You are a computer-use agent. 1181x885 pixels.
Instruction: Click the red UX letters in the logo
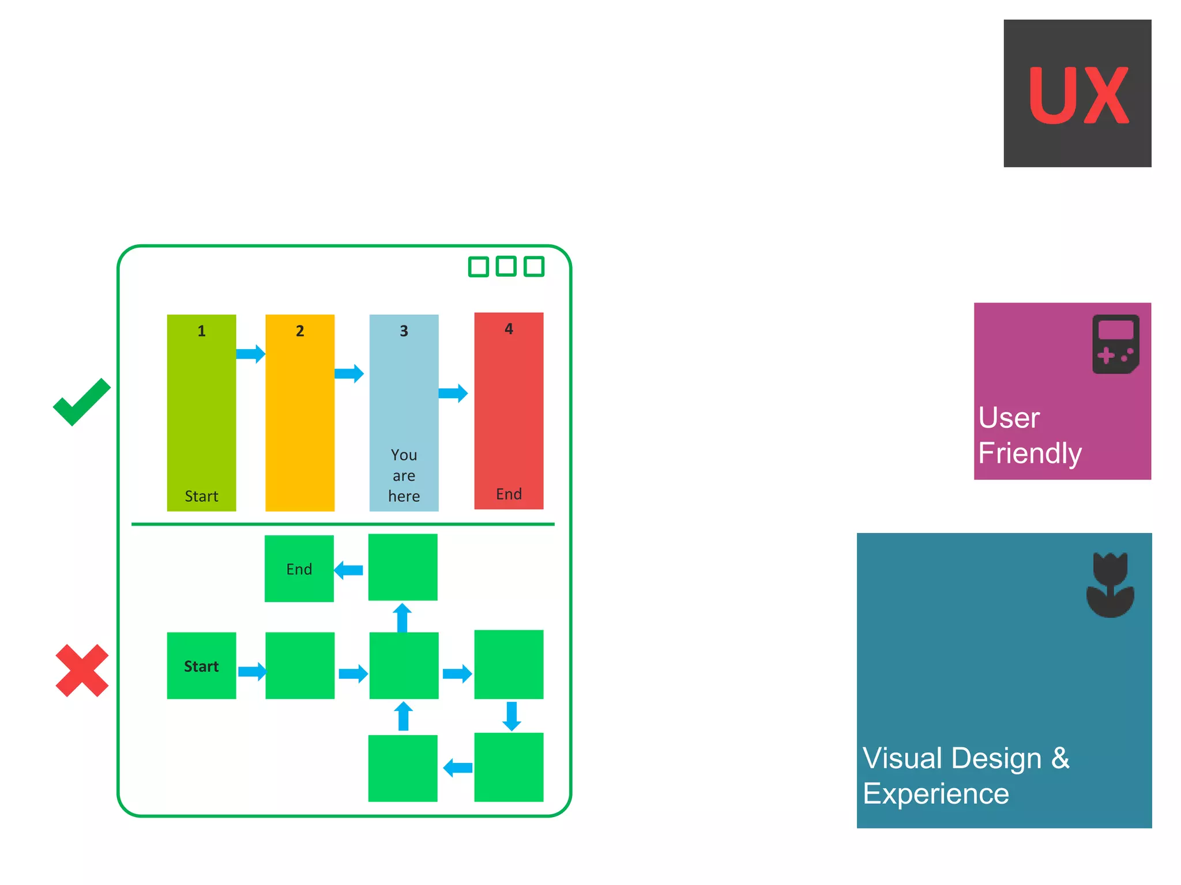click(x=1077, y=95)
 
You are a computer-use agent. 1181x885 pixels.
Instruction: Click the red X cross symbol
click(x=82, y=670)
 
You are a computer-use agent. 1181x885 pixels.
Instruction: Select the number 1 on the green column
click(x=201, y=331)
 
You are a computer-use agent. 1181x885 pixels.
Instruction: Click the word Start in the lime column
click(x=201, y=496)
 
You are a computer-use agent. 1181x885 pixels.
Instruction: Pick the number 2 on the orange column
click(x=300, y=331)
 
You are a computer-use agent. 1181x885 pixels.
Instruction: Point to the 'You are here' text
click(x=404, y=475)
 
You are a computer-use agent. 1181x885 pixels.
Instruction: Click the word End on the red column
click(x=509, y=494)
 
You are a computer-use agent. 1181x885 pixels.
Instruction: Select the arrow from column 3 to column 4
click(x=453, y=394)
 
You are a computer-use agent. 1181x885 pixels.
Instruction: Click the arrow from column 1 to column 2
click(x=251, y=354)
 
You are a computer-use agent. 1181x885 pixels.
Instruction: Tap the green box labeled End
click(x=299, y=569)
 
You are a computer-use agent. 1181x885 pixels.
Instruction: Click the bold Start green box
click(x=201, y=666)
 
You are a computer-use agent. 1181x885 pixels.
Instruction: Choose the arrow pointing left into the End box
click(x=349, y=570)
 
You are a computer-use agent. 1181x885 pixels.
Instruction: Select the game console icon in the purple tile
click(x=1115, y=344)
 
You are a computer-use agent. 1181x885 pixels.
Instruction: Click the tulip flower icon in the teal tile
click(x=1110, y=585)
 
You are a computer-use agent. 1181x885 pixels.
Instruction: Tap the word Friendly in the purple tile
click(x=1030, y=453)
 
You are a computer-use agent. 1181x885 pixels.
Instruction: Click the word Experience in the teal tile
click(x=936, y=794)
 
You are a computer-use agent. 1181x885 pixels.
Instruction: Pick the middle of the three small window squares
click(x=506, y=266)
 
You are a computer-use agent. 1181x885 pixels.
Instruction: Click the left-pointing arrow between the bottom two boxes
click(x=458, y=767)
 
